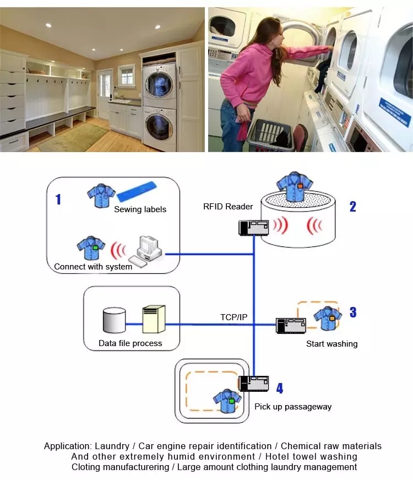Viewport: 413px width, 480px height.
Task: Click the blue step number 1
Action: click(x=58, y=199)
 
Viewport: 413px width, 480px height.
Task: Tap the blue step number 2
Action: click(x=353, y=207)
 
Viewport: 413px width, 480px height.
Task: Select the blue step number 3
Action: click(x=353, y=312)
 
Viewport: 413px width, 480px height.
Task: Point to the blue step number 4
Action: click(x=280, y=388)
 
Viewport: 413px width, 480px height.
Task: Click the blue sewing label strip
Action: click(x=137, y=191)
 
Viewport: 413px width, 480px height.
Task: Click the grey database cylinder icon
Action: click(x=114, y=320)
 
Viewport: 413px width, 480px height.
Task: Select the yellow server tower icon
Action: click(x=154, y=319)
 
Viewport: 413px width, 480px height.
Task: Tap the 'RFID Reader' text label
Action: click(x=228, y=207)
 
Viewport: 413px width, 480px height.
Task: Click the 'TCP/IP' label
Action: click(x=233, y=317)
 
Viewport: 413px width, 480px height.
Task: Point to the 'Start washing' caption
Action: click(x=332, y=344)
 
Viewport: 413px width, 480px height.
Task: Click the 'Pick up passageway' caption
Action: click(x=293, y=407)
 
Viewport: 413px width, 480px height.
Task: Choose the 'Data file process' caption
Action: click(x=131, y=343)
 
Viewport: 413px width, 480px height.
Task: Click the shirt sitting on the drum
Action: click(x=294, y=186)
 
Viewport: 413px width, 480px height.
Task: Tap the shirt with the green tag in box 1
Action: click(x=90, y=247)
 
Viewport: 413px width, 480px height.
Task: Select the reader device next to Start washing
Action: click(x=291, y=326)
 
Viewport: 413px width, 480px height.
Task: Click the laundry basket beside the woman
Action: click(x=271, y=135)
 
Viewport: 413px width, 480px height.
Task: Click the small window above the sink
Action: click(x=126, y=75)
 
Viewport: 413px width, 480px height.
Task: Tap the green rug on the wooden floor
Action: click(x=73, y=137)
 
